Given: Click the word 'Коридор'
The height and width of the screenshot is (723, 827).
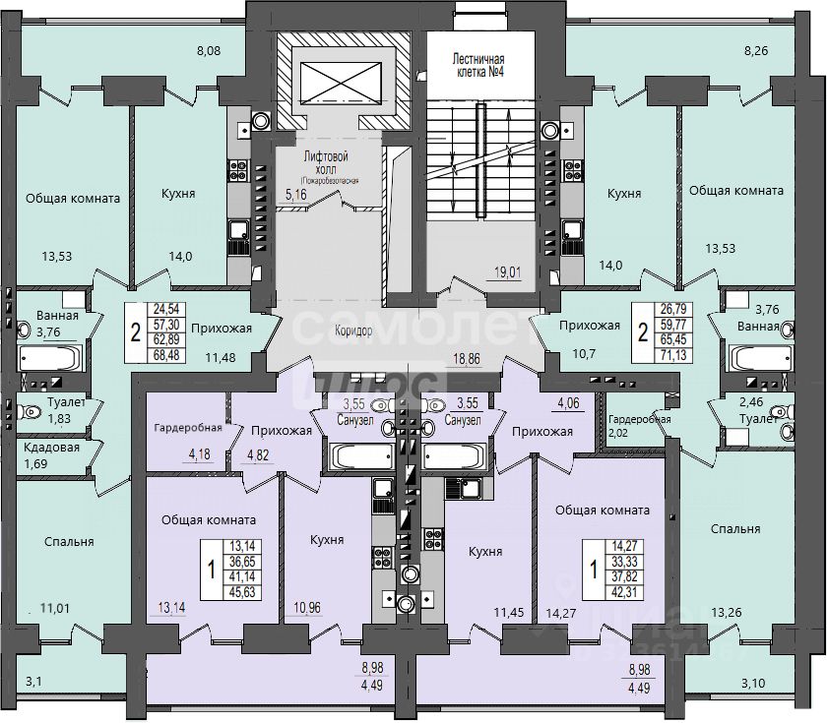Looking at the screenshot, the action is click(x=352, y=331).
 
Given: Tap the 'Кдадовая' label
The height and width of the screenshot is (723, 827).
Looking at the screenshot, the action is click(x=46, y=446).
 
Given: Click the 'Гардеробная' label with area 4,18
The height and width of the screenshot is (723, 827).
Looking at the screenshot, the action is click(x=186, y=429).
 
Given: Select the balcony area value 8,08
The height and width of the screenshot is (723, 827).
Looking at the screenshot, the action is click(x=210, y=48).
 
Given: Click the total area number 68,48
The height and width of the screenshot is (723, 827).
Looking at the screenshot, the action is click(x=165, y=354).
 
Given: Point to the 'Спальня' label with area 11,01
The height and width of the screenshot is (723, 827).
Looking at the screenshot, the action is click(x=69, y=541).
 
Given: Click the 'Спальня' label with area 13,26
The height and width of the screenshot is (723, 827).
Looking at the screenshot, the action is click(x=735, y=528).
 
